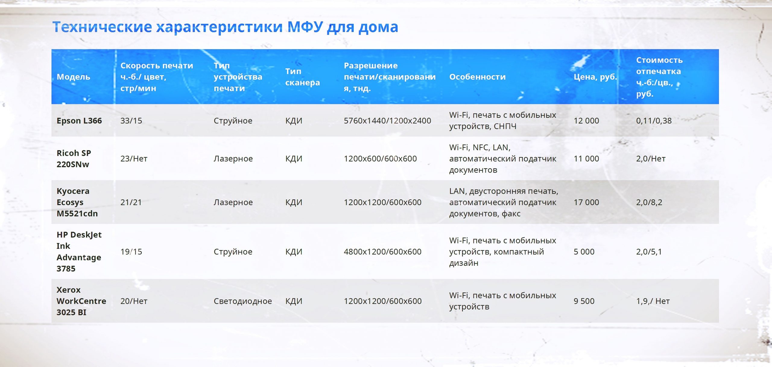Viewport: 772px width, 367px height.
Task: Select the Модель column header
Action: (73, 77)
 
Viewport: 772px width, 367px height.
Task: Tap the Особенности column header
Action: (477, 77)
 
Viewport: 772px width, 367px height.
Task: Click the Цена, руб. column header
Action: (595, 77)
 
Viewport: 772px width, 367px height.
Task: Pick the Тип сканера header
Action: (302, 77)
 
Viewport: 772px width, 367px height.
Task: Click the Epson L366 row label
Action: (79, 121)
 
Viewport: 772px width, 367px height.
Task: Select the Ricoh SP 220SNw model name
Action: (74, 159)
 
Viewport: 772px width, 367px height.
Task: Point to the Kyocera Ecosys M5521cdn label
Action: (77, 202)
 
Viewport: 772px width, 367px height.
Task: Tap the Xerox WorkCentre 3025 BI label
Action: (81, 301)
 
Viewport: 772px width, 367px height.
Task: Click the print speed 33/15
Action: (131, 121)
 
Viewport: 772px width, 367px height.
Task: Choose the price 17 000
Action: (586, 202)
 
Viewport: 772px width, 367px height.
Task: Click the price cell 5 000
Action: (584, 252)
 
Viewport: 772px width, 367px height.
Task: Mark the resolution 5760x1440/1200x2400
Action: (388, 121)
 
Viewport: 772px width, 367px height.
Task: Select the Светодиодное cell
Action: (243, 301)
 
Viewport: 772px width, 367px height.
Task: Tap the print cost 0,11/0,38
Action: (654, 121)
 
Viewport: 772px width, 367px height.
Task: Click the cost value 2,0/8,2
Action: (649, 202)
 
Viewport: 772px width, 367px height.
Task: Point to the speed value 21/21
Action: (131, 202)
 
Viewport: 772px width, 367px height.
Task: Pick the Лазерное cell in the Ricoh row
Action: (233, 159)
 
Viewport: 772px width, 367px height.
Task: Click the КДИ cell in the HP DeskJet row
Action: (294, 252)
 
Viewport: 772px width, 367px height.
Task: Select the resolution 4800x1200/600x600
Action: (383, 252)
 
